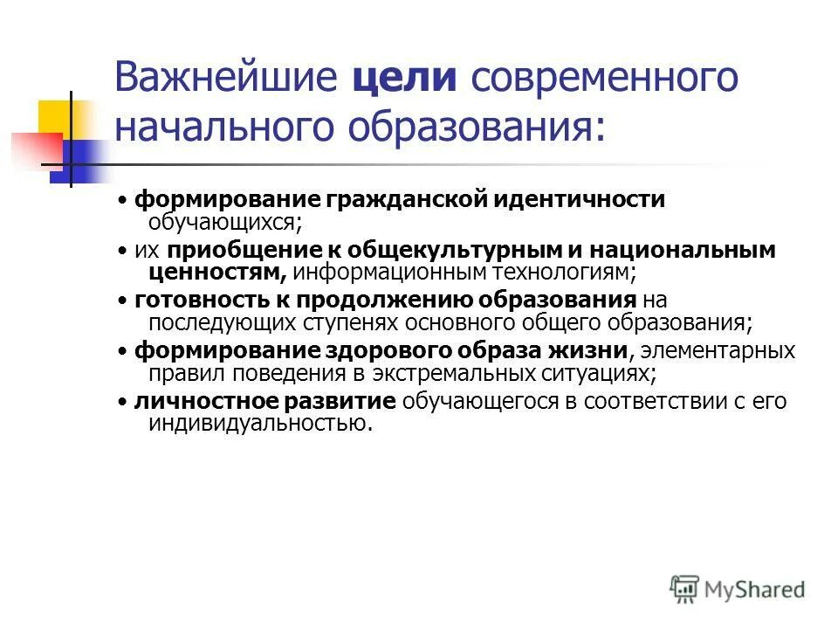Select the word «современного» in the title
click(x=605, y=79)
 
